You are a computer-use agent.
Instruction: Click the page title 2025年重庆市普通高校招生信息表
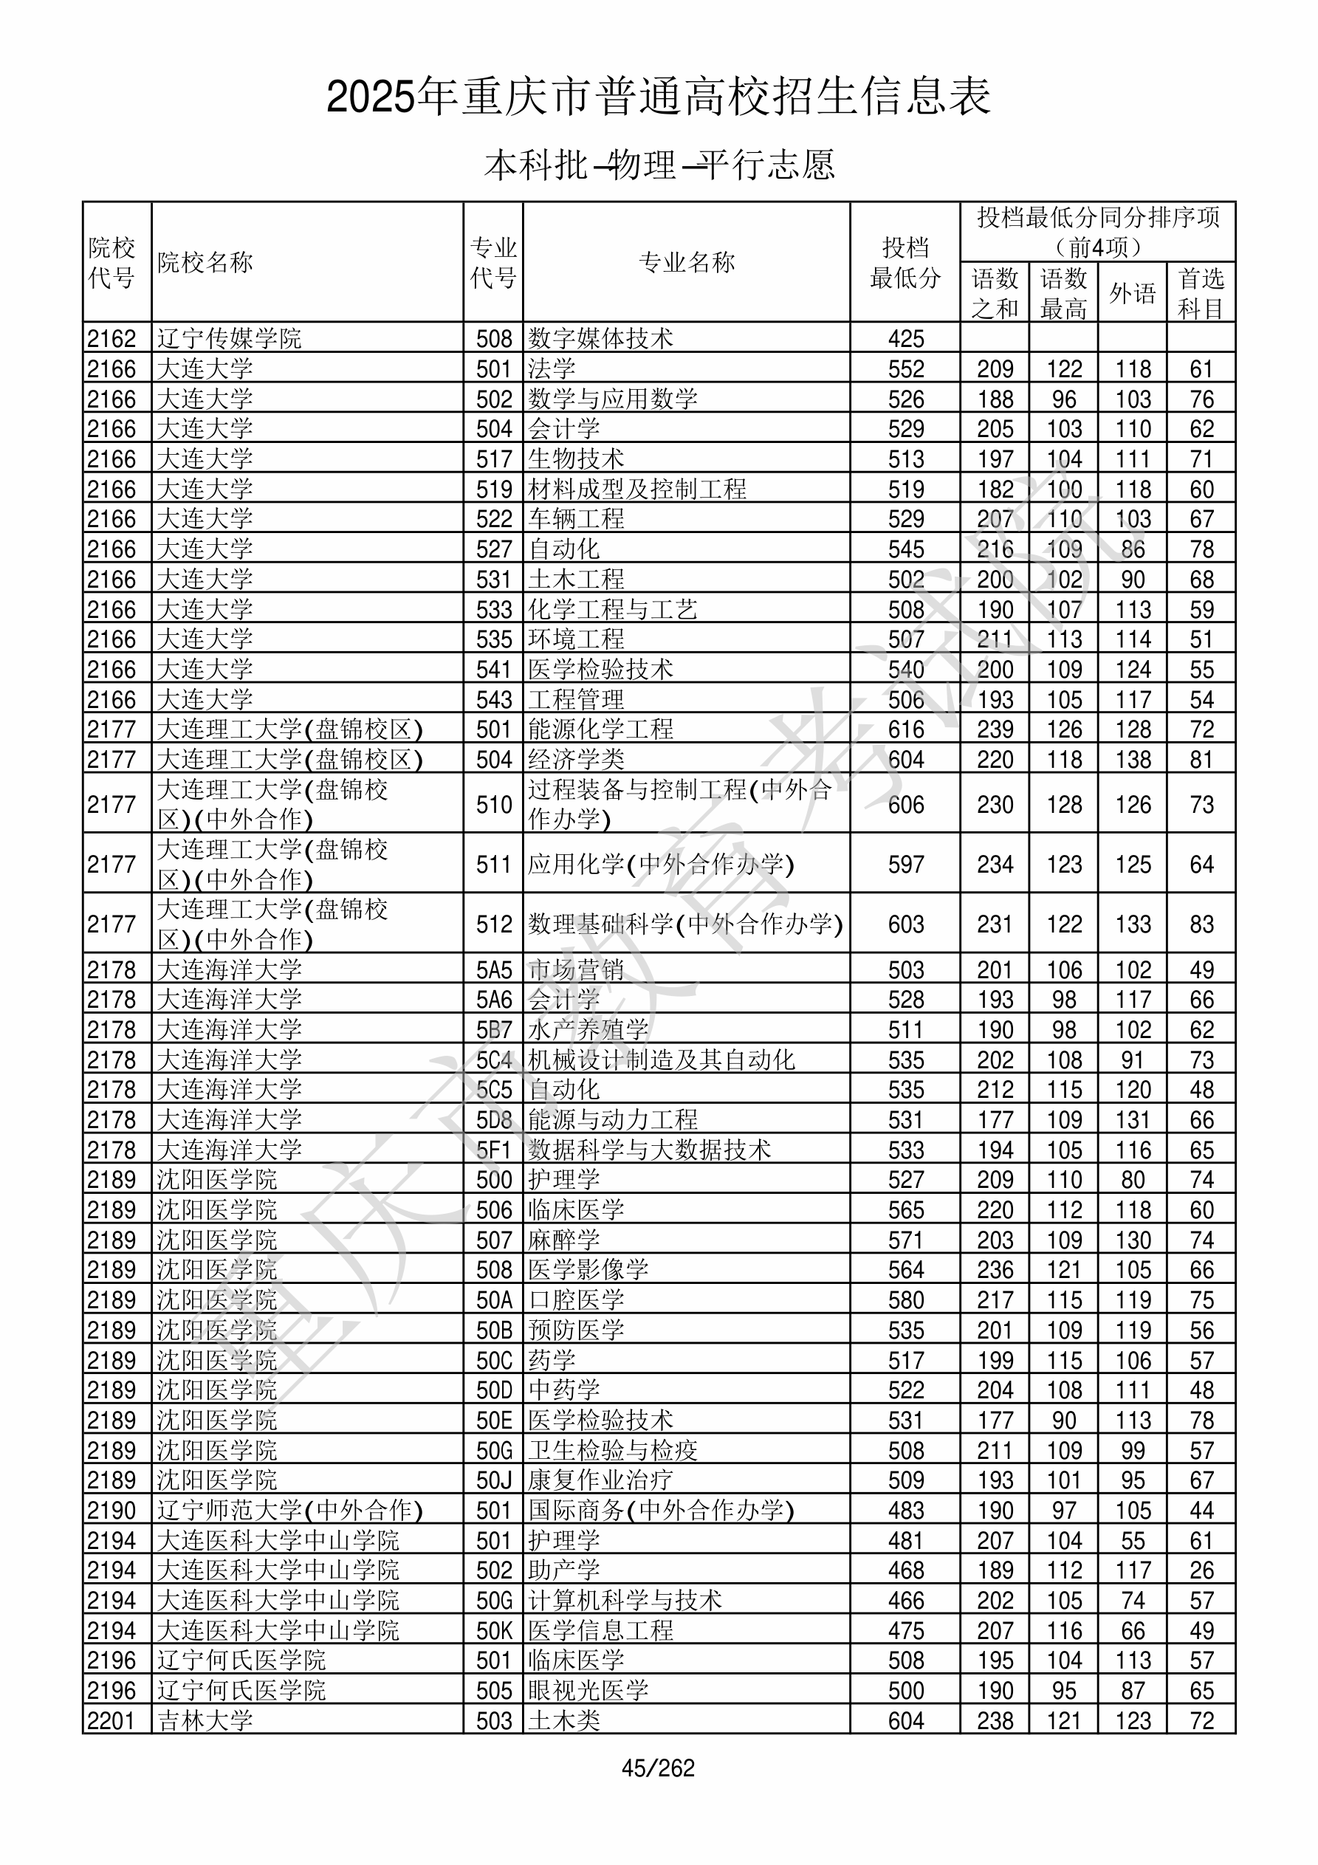(658, 97)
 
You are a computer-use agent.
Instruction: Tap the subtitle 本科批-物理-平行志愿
(659, 165)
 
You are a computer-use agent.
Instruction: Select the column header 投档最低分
(905, 262)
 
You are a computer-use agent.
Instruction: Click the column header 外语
(1132, 293)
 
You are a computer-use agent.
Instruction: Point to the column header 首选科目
(1201, 293)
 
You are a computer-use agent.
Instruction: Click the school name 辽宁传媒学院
(229, 338)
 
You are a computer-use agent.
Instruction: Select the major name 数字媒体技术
(600, 338)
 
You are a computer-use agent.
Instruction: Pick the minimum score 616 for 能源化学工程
(906, 729)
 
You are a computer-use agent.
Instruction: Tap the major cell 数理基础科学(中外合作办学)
(685, 924)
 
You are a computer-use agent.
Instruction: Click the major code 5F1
(494, 1150)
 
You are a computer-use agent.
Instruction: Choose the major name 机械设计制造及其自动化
(662, 1060)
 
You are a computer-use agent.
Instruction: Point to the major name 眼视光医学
(588, 1690)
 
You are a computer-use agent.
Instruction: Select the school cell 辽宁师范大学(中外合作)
(289, 1511)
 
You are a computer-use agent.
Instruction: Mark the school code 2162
(111, 338)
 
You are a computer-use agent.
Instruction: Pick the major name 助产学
(564, 1570)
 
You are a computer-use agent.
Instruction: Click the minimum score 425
(906, 338)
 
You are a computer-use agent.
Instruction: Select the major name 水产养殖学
(588, 1030)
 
